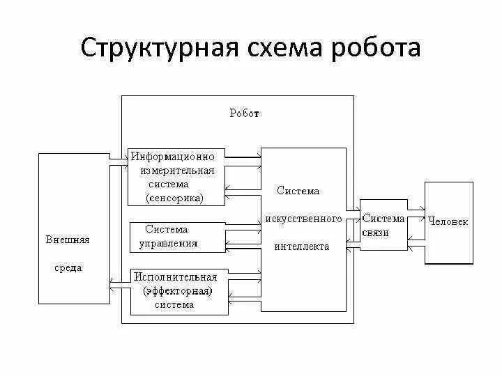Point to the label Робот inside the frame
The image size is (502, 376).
point(245,113)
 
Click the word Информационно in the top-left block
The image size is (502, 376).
point(178,157)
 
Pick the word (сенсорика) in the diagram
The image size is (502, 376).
point(174,198)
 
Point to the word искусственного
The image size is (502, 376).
point(303,219)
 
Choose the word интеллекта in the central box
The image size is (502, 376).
point(302,246)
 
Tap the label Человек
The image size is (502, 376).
point(448,221)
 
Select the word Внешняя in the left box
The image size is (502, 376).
point(68,240)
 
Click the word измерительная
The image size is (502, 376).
point(177,171)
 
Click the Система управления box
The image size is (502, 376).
point(178,237)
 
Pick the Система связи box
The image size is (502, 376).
point(383,224)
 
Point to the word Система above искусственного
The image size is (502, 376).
point(298,191)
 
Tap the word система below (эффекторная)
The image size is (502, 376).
point(174,304)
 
